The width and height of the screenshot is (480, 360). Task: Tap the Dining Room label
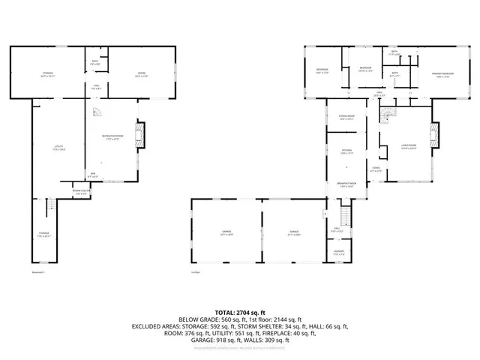tap(346, 118)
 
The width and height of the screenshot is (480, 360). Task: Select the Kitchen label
tap(346, 151)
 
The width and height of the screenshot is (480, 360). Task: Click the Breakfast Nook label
tap(346, 184)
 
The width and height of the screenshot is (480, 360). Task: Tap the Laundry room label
tap(339, 252)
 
